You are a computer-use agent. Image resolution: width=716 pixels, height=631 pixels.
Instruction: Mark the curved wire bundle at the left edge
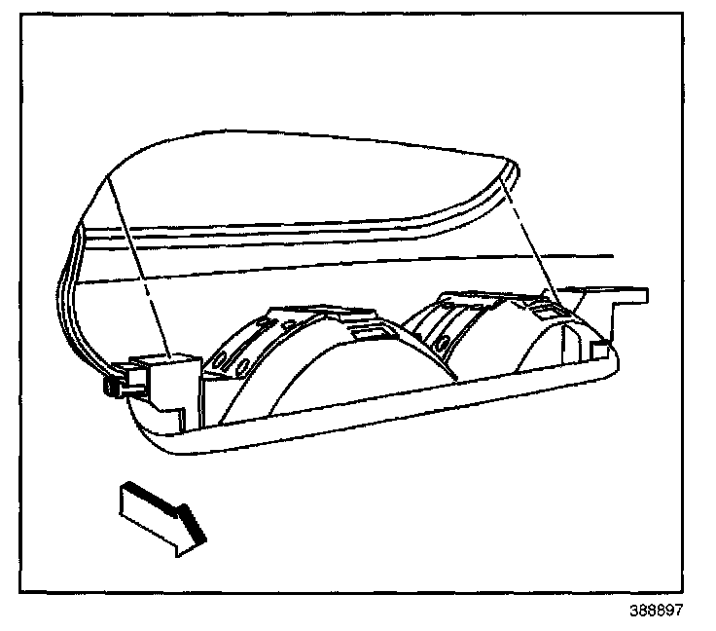point(68,292)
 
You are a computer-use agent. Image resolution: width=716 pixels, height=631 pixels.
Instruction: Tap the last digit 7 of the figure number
point(678,612)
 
